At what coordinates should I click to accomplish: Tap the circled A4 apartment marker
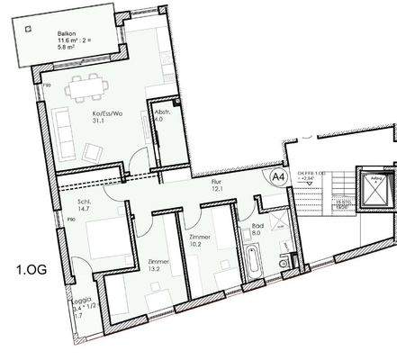(278, 177)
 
